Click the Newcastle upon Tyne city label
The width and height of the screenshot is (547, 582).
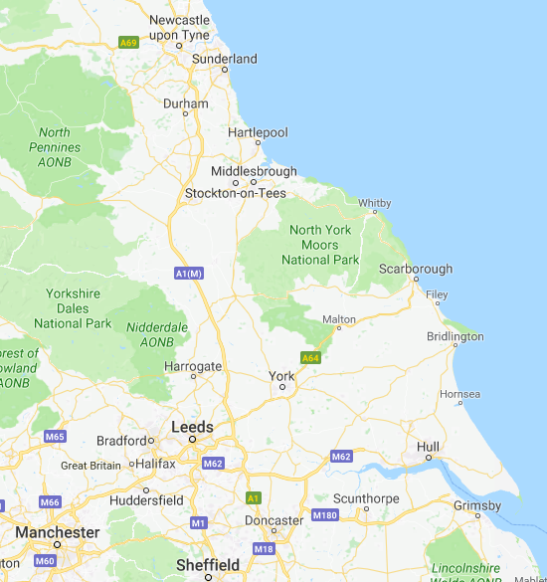coord(179,27)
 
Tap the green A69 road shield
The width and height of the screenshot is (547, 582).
coord(128,43)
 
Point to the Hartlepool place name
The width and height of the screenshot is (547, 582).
coord(258,132)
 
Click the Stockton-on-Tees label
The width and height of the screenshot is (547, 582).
coord(237,193)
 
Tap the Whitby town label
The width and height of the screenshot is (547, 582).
coord(375,203)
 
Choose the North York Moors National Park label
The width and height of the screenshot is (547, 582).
coord(320,245)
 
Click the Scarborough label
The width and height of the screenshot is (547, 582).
coord(416,269)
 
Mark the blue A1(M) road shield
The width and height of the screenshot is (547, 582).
coord(188,273)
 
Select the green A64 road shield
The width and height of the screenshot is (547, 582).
coord(311,357)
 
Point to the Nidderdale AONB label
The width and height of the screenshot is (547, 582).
coord(156,333)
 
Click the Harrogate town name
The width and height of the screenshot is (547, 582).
coord(193,366)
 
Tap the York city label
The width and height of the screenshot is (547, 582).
coord(282,376)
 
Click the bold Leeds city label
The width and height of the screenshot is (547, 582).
coord(193,426)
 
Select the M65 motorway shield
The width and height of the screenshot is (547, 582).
coord(54,437)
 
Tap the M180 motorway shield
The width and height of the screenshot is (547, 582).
coord(324,515)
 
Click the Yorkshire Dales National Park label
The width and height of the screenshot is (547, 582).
coord(73,308)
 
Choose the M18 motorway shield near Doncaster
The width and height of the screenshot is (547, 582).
coord(264,548)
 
